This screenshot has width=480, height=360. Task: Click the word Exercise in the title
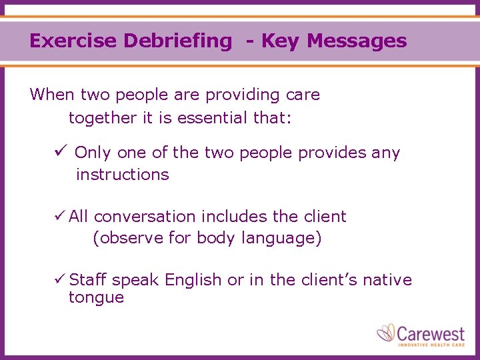[64, 41]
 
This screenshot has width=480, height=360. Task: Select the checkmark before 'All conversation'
[59, 217]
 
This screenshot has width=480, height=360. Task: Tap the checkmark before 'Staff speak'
[59, 280]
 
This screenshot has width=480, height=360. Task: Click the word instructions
[122, 175]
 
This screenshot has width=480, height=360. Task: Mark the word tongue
[96, 298]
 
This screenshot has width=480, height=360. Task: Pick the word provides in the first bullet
[332, 153]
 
